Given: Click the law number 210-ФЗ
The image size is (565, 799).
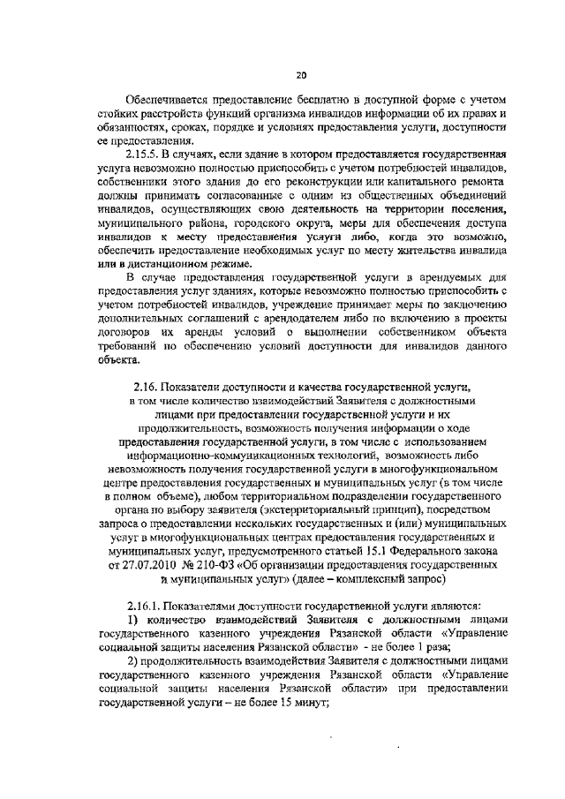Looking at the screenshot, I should (x=205, y=565).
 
